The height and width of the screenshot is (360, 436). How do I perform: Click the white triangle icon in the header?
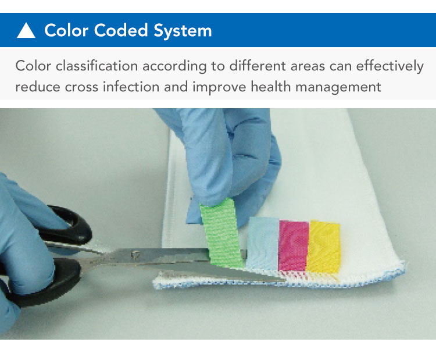pos(26,30)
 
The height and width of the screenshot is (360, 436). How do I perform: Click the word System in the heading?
pos(183,31)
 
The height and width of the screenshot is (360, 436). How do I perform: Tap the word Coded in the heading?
pos(121,30)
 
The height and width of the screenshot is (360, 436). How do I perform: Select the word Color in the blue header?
pos(66,30)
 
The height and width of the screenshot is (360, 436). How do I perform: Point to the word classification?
pos(97,66)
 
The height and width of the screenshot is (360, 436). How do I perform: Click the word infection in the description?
pos(131,86)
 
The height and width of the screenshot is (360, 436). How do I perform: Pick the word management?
pos(338,87)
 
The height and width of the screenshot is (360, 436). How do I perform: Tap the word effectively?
pos(390,67)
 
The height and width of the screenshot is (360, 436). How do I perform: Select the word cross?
pos(82,87)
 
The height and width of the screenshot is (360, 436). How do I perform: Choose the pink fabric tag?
pos(294,245)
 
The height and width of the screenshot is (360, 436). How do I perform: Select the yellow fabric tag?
pos(324,247)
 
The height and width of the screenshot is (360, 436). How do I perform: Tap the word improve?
pos(219,87)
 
